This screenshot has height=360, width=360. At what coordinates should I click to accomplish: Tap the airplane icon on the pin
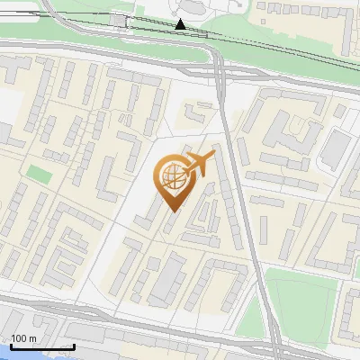click(199, 163)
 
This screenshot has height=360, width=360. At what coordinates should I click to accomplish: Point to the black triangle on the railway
click(181, 24)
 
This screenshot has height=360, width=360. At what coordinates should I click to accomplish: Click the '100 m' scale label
click(23, 338)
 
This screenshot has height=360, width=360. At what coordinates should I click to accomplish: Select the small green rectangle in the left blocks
click(38, 172)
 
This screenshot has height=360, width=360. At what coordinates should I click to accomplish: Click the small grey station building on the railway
click(119, 20)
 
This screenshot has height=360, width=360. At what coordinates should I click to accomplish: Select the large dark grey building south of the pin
click(166, 279)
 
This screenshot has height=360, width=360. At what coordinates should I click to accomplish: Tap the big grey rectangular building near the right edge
click(334, 148)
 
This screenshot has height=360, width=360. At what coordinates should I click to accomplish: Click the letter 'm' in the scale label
click(31, 338)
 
